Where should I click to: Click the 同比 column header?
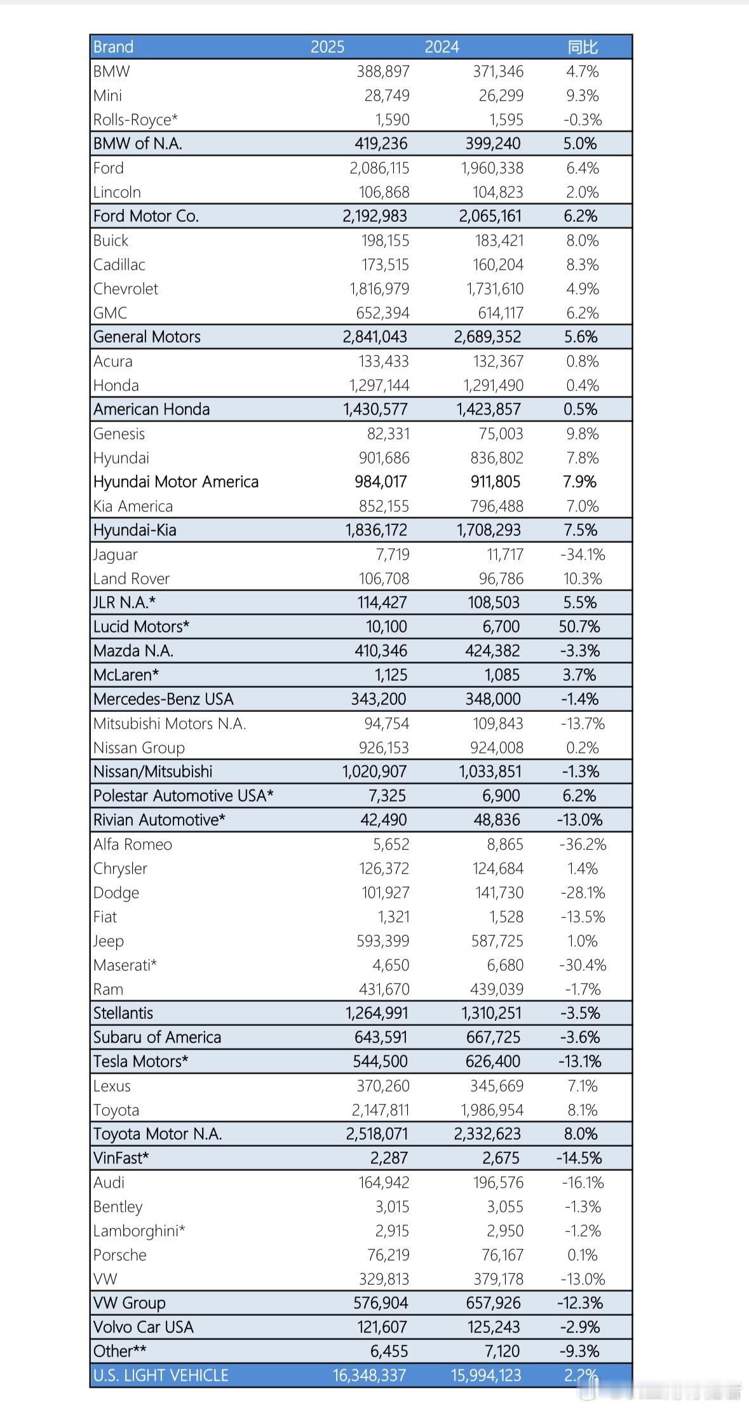pyautogui.click(x=582, y=47)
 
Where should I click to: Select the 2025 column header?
pyautogui.click(x=327, y=47)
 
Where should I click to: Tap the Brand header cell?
pyautogui.click(x=113, y=47)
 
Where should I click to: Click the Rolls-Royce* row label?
pyautogui.click(x=135, y=120)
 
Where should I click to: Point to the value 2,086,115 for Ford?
pyautogui.click(x=379, y=168)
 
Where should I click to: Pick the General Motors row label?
pyautogui.click(x=147, y=337)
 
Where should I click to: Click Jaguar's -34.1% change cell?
pyautogui.click(x=583, y=554)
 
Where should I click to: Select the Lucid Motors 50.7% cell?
pyautogui.click(x=579, y=627)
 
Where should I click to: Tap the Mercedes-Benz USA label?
pyautogui.click(x=163, y=699)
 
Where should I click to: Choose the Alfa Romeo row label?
pyautogui.click(x=133, y=844)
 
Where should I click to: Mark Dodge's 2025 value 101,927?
pyautogui.click(x=386, y=892)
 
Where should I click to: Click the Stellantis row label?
pyautogui.click(x=123, y=1013)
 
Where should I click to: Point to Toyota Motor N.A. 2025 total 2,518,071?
pyautogui.click(x=377, y=1134)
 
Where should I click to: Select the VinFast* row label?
pyautogui.click(x=121, y=1158)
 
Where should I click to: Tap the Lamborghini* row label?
pyautogui.click(x=139, y=1231)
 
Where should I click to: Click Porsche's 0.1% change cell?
pyautogui.click(x=582, y=1255)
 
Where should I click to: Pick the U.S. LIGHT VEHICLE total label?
pyautogui.click(x=161, y=1376)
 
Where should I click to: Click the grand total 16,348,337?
pyautogui.click(x=369, y=1376)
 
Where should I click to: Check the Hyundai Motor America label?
pyautogui.click(x=176, y=482)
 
